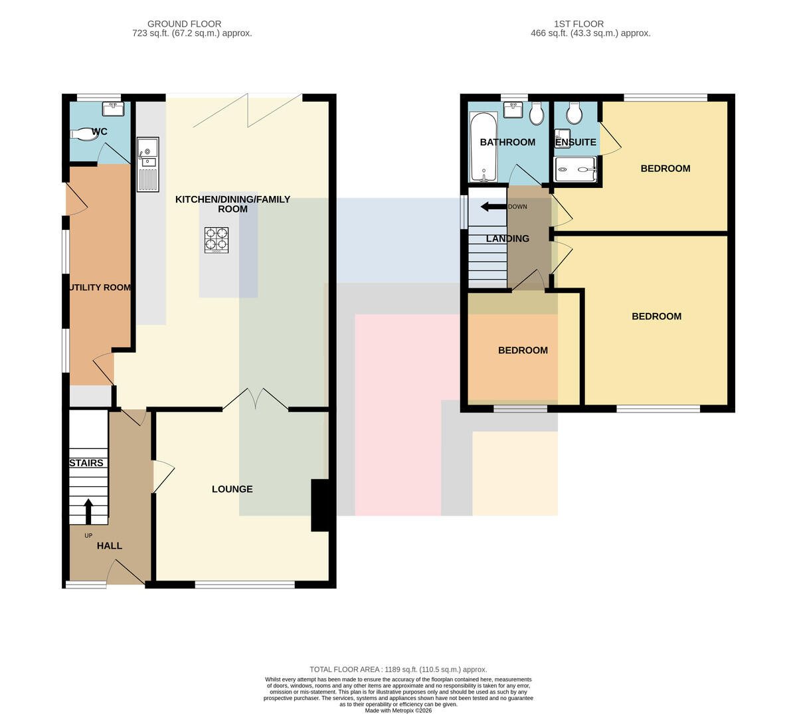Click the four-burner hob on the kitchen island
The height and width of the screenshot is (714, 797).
point(217,240)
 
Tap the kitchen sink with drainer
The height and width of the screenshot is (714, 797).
point(148,165)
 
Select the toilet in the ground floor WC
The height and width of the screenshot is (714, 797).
point(84,134)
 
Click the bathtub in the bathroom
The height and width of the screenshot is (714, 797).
point(483,147)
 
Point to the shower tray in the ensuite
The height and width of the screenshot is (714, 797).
point(575,169)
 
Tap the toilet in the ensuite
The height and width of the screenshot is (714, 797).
point(574,114)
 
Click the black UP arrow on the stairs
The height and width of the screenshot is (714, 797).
point(88,511)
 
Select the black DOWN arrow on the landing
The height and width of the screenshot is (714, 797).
point(493,207)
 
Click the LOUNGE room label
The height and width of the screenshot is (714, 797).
point(232,489)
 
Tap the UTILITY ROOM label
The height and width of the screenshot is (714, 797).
point(100,288)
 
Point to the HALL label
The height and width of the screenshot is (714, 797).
point(110,546)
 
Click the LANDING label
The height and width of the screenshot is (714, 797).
point(507,238)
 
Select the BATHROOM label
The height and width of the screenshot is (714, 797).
point(507,142)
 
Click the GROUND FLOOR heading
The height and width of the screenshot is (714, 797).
point(184,24)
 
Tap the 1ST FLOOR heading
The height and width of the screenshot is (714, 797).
point(578,24)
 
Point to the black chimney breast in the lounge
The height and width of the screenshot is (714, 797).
point(320,505)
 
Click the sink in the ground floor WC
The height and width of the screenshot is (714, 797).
point(114,108)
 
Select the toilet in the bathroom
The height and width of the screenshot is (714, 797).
point(536,114)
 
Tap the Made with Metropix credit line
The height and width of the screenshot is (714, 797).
point(398,711)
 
